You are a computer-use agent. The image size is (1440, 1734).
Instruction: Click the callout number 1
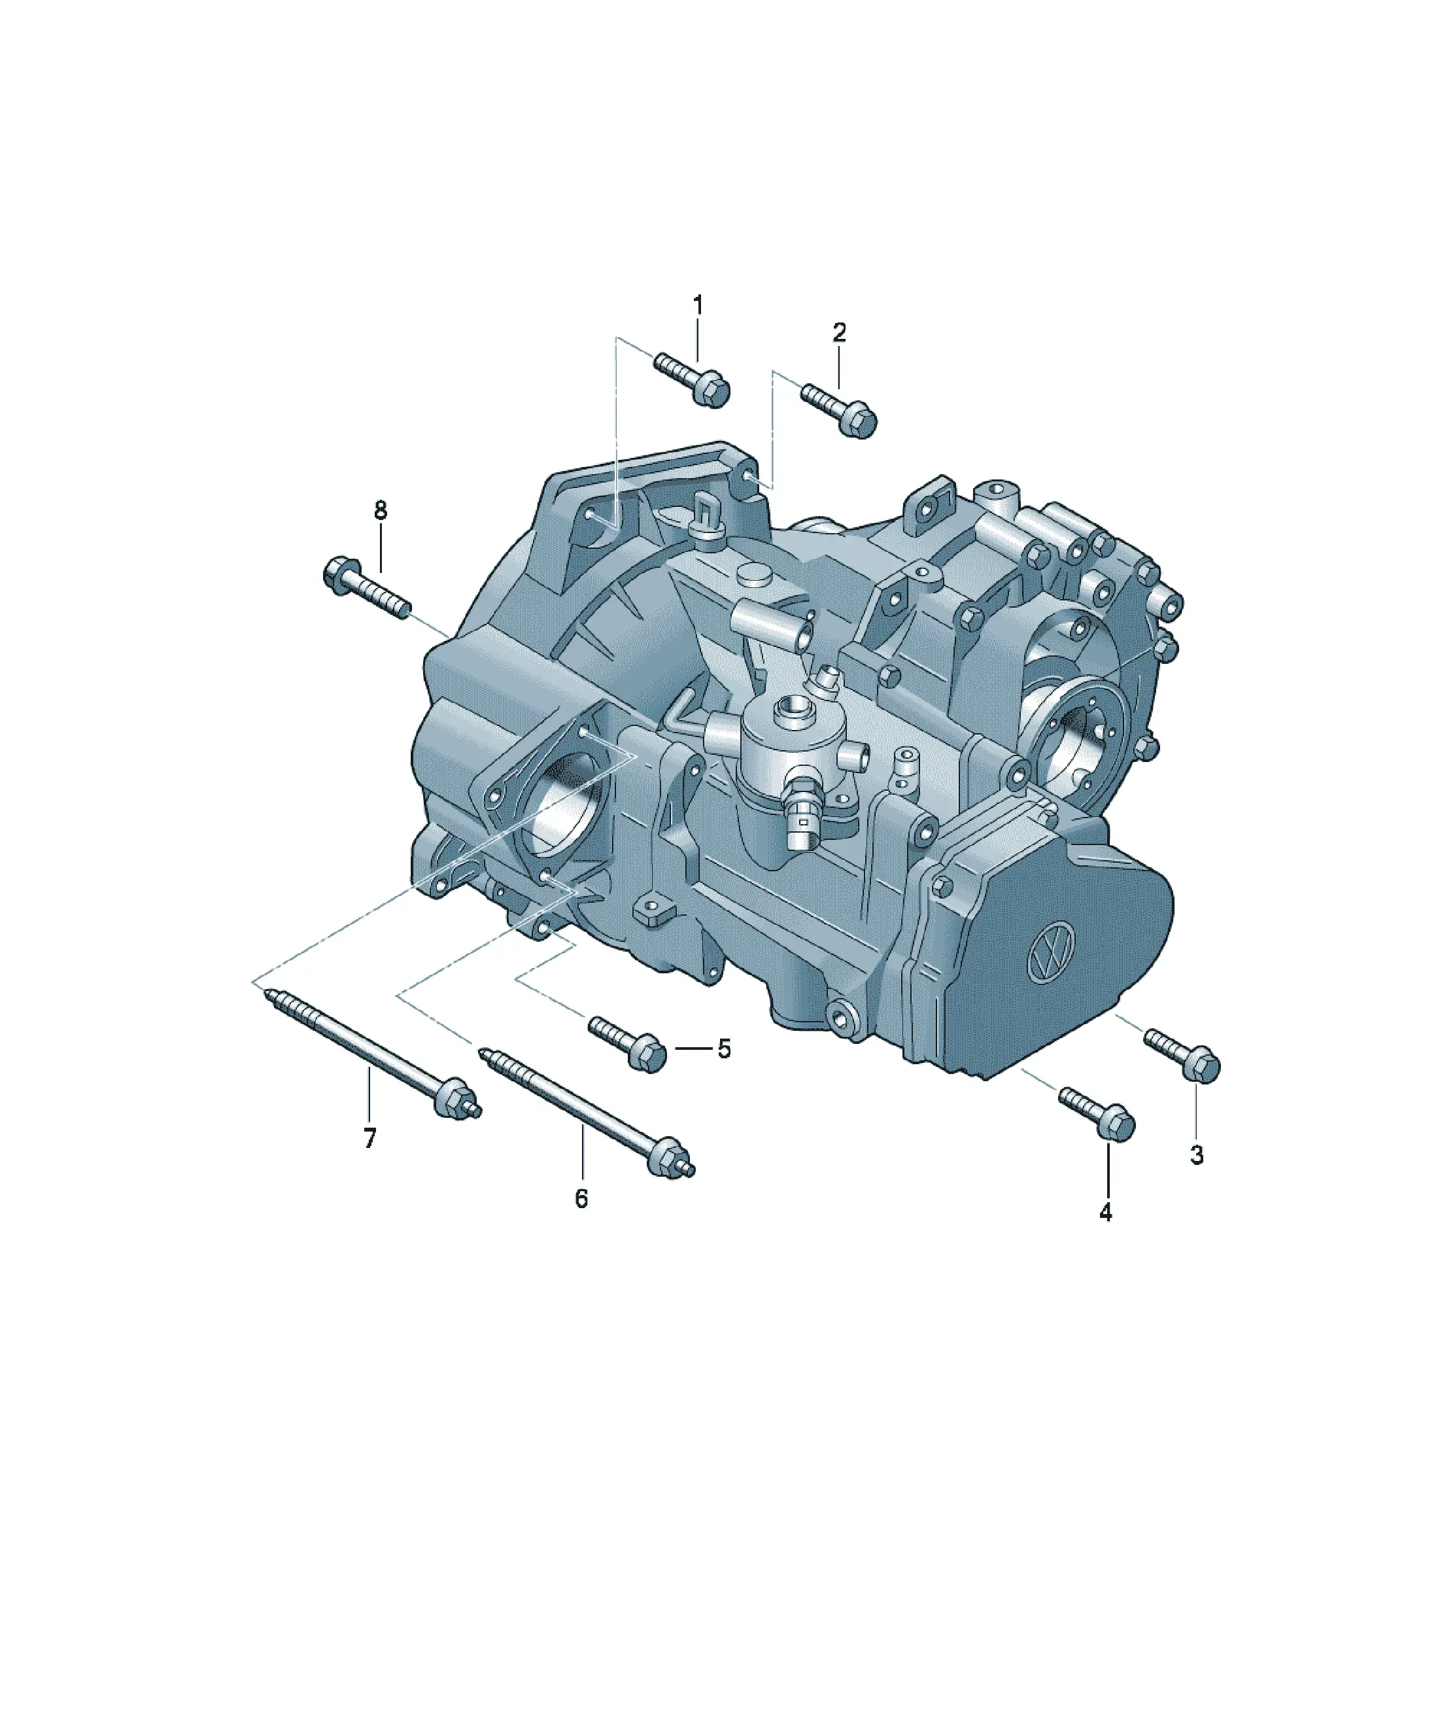point(698,305)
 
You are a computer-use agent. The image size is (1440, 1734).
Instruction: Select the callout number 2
point(839,333)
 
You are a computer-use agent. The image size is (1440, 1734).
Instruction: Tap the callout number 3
point(1197,1155)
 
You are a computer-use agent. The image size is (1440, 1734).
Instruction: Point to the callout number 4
point(1106,1212)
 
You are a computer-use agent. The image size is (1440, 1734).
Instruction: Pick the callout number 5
point(724,1049)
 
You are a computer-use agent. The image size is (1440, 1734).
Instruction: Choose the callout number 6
point(581,1199)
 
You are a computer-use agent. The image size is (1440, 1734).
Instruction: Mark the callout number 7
point(370,1139)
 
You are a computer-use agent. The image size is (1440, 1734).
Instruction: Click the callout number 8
point(380,510)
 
